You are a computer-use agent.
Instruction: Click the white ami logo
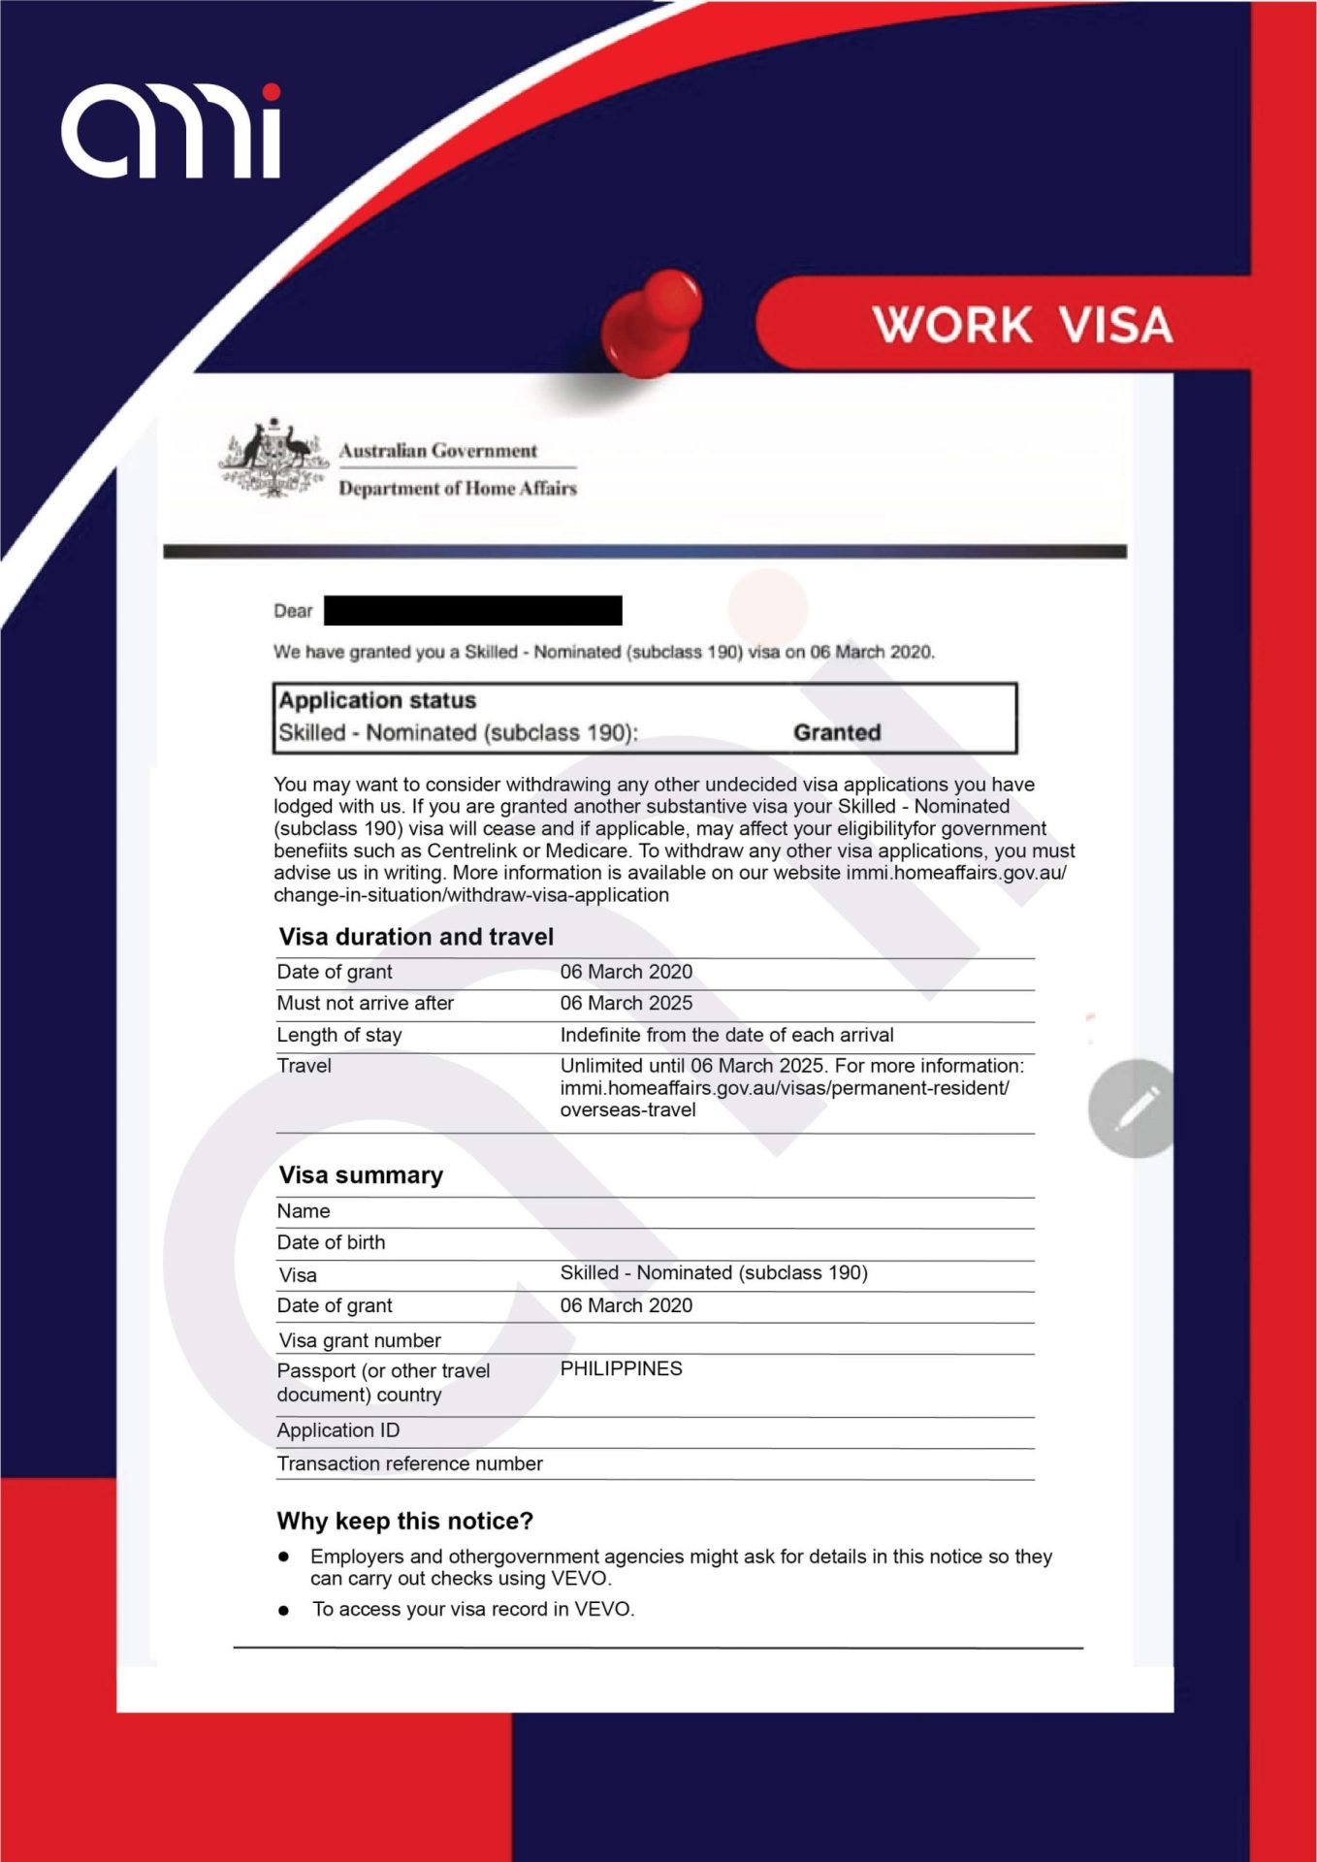pyautogui.click(x=172, y=132)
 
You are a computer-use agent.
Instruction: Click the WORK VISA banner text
pyautogui.click(x=1022, y=325)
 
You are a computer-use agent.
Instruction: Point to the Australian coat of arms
pyautogui.click(x=273, y=459)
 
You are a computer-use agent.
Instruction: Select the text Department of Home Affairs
pyautogui.click(x=457, y=489)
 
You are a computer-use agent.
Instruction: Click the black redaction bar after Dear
pyautogui.click(x=472, y=611)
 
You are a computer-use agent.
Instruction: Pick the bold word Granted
pyautogui.click(x=837, y=733)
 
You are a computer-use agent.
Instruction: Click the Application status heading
pyautogui.click(x=377, y=700)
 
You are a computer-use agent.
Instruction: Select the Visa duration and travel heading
pyautogui.click(x=416, y=937)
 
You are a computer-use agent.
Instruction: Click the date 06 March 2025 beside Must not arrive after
pyautogui.click(x=626, y=1004)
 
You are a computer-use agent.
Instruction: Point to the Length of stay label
pyautogui.click(x=338, y=1036)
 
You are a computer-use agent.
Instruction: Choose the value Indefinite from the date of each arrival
pyautogui.click(x=726, y=1036)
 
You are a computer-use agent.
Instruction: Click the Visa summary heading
pyautogui.click(x=361, y=1175)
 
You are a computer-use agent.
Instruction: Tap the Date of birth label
pyautogui.click(x=331, y=1243)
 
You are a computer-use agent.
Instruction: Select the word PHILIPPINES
pyautogui.click(x=621, y=1369)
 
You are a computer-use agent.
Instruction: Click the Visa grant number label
pyautogui.click(x=359, y=1341)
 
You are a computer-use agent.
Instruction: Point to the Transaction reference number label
pyautogui.click(x=409, y=1464)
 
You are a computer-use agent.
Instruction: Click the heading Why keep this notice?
pyautogui.click(x=404, y=1522)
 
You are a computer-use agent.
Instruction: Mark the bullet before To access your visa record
pyautogui.click(x=283, y=1611)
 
